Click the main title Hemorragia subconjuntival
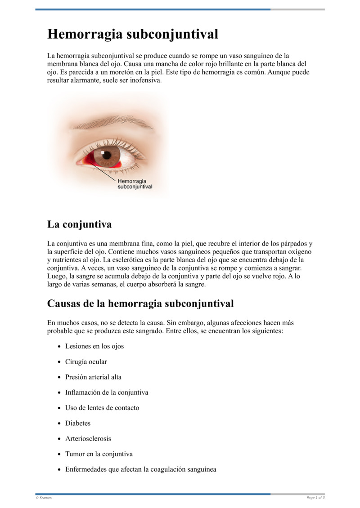[133, 35]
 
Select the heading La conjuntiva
[79, 224]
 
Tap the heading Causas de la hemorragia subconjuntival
[140, 303]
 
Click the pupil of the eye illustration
[107, 155]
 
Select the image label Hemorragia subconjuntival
[135, 184]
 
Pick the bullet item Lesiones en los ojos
[94, 346]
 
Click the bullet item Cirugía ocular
[86, 361]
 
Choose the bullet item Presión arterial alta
[93, 377]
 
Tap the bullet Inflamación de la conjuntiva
[107, 392]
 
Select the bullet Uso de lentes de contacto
[102, 408]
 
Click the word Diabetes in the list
[78, 423]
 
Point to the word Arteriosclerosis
[88, 438]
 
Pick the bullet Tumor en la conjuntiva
[99, 454]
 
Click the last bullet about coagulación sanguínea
[140, 469]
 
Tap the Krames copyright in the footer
[44, 498]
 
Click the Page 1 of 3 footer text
[315, 498]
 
